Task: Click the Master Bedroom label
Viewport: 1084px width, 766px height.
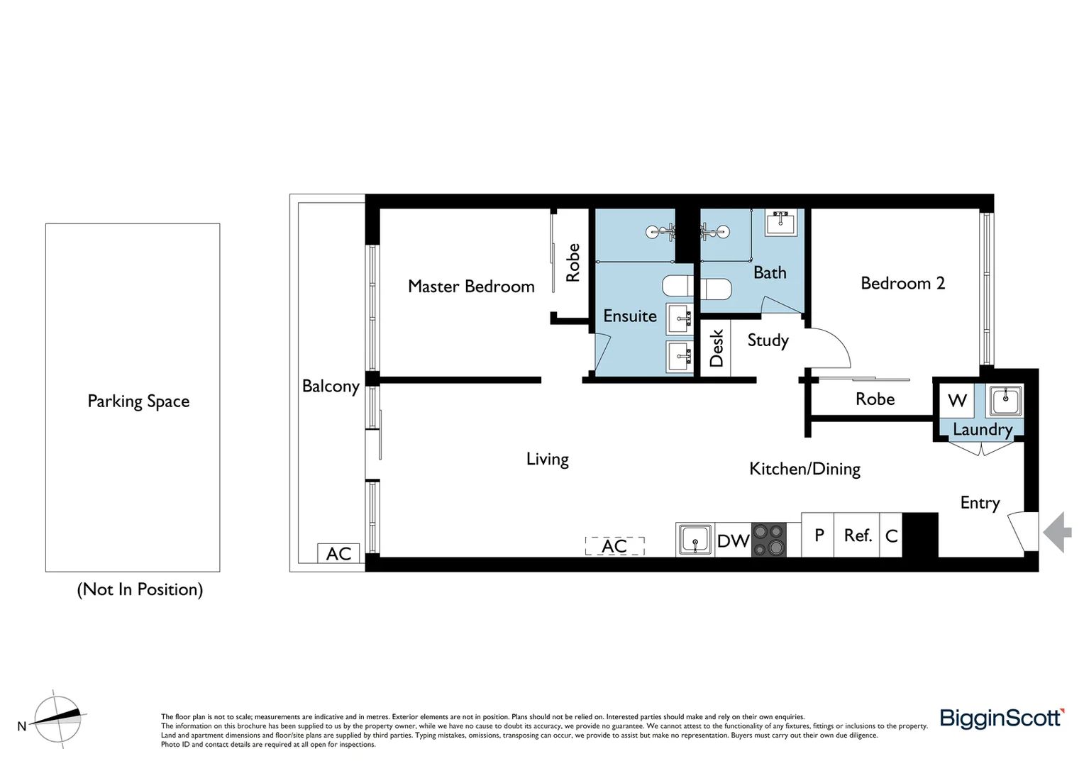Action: coord(471,287)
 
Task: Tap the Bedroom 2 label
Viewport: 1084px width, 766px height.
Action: coord(902,283)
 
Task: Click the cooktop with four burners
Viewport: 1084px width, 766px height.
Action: coord(769,540)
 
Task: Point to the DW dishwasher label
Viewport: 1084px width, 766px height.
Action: coord(733,541)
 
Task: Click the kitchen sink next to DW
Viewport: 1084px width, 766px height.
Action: coord(695,540)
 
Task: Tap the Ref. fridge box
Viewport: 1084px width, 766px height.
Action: coord(857,535)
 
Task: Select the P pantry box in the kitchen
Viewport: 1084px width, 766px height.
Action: coord(819,535)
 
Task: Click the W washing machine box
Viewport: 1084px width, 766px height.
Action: coord(957,401)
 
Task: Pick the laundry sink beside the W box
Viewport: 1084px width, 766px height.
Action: coord(1005,401)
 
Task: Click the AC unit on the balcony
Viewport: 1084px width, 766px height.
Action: coord(338,553)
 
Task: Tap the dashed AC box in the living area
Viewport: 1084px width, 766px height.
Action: coord(614,546)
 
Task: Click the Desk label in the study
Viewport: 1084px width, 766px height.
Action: coord(717,348)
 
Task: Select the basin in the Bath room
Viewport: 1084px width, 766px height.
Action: coord(781,223)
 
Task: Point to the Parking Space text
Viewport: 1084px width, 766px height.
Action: coord(138,401)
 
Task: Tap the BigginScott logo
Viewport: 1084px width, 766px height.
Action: coord(1001,718)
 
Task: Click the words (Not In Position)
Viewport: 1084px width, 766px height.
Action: coord(140,589)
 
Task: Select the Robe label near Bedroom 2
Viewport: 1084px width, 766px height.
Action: coord(875,399)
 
